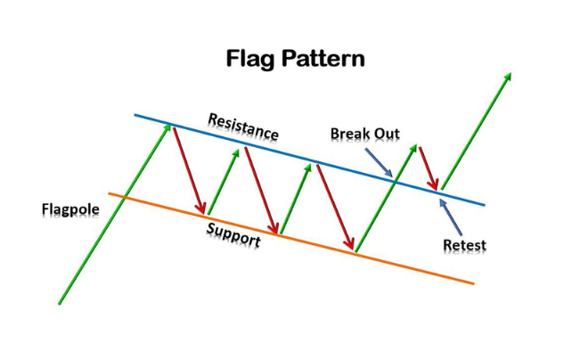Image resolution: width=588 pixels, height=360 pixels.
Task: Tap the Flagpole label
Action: click(70, 209)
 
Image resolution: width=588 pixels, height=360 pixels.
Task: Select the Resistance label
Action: click(242, 126)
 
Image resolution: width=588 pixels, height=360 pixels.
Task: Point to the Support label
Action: click(233, 233)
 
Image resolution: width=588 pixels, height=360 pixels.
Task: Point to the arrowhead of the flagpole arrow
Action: click(168, 127)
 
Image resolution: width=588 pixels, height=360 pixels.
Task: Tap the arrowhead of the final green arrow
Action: click(510, 78)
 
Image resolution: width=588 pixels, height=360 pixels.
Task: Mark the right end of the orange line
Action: click(472, 283)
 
